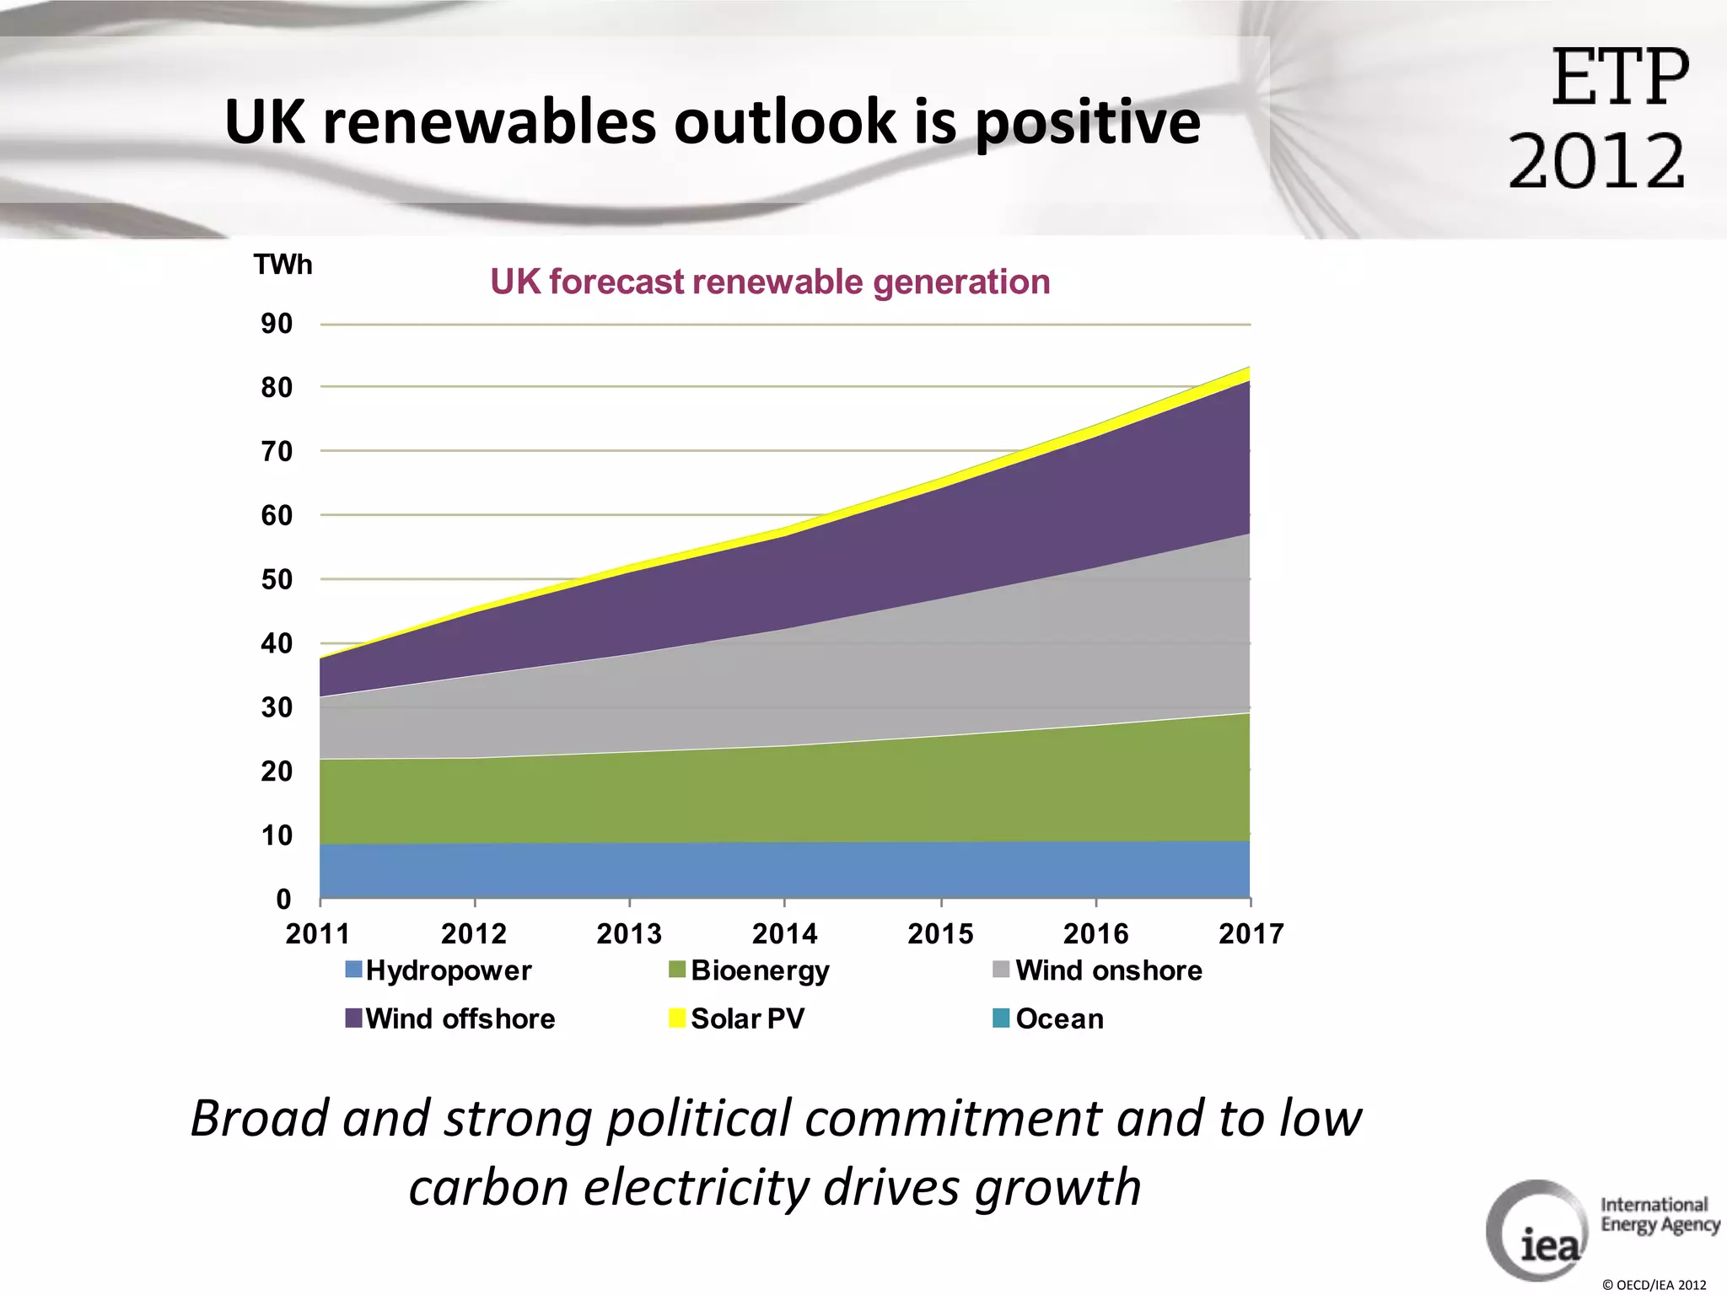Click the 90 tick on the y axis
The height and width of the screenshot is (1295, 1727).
point(277,324)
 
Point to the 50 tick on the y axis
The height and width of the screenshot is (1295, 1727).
point(277,580)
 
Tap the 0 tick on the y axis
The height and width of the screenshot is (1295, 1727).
point(283,900)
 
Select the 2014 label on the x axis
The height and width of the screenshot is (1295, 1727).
point(784,934)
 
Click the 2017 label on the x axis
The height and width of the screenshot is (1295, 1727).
point(1251,934)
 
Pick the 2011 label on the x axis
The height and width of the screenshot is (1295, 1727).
point(318,934)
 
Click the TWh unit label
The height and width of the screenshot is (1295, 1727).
point(282,265)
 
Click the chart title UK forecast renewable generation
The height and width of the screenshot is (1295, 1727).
point(770,282)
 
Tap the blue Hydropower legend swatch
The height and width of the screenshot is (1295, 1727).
point(353,970)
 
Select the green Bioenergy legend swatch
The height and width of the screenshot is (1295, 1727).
point(677,970)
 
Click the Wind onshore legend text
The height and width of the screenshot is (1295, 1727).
point(1108,970)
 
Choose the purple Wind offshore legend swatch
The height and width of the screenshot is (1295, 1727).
point(353,1018)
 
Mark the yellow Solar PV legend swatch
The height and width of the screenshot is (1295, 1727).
point(677,1018)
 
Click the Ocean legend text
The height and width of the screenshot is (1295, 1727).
point(1059,1018)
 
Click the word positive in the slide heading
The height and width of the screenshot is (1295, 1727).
point(1088,122)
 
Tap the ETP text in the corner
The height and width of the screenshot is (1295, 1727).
point(1620,78)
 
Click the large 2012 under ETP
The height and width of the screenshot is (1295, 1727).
point(1596,160)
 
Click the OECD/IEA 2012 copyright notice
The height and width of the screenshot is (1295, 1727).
point(1654,1285)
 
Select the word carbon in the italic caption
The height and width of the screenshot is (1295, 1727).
point(488,1187)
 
